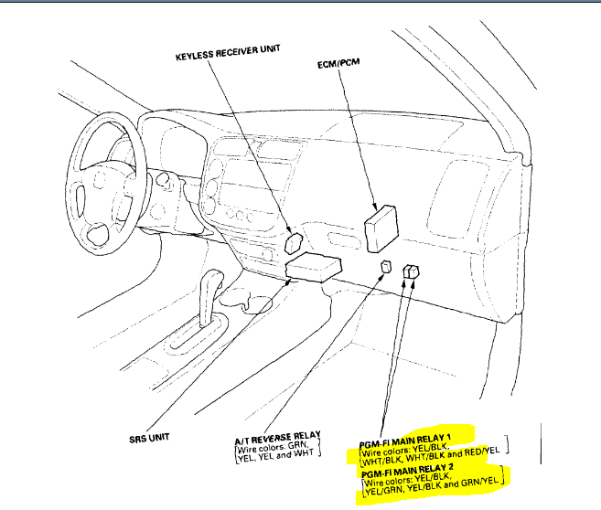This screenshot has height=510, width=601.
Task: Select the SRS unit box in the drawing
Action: pyautogui.click(x=314, y=266)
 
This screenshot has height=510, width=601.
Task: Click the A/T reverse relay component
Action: pyautogui.click(x=388, y=267)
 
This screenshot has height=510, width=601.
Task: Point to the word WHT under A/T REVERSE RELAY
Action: pyautogui.click(x=307, y=457)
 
